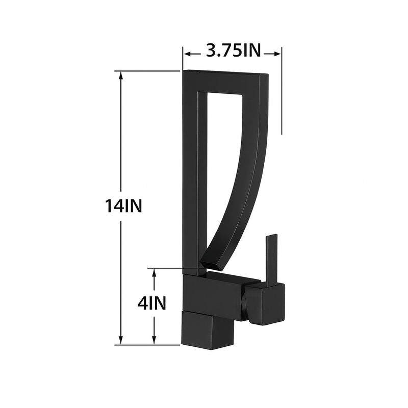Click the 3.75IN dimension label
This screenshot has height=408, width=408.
coord(233,51)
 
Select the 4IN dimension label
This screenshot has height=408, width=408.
coord(152,304)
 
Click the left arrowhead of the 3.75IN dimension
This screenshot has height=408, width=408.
coord(187,53)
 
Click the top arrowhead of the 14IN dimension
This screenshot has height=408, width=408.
coord(121,74)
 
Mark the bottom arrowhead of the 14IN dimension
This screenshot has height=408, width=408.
coord(121,341)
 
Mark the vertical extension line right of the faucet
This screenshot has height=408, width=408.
coord(282,92)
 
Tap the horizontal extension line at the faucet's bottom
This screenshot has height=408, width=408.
coord(148,345)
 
